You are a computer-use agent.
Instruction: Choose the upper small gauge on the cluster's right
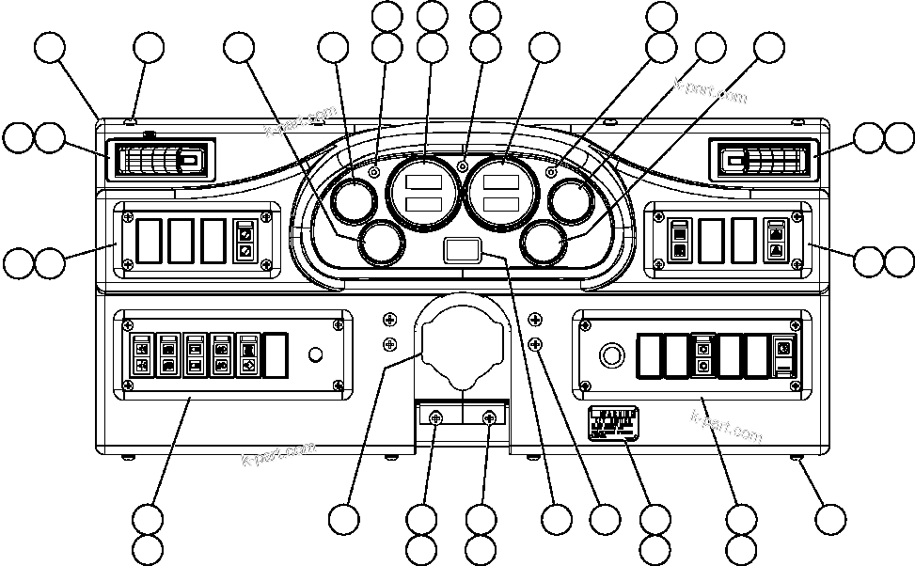[573, 200]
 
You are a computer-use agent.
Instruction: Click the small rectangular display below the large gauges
[461, 250]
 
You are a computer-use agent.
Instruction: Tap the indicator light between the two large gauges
[462, 166]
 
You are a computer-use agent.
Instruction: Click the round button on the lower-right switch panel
[611, 355]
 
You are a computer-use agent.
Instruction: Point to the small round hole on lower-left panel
[316, 354]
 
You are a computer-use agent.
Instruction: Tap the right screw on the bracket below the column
[489, 418]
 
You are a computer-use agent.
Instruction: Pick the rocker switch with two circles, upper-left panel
[245, 242]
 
